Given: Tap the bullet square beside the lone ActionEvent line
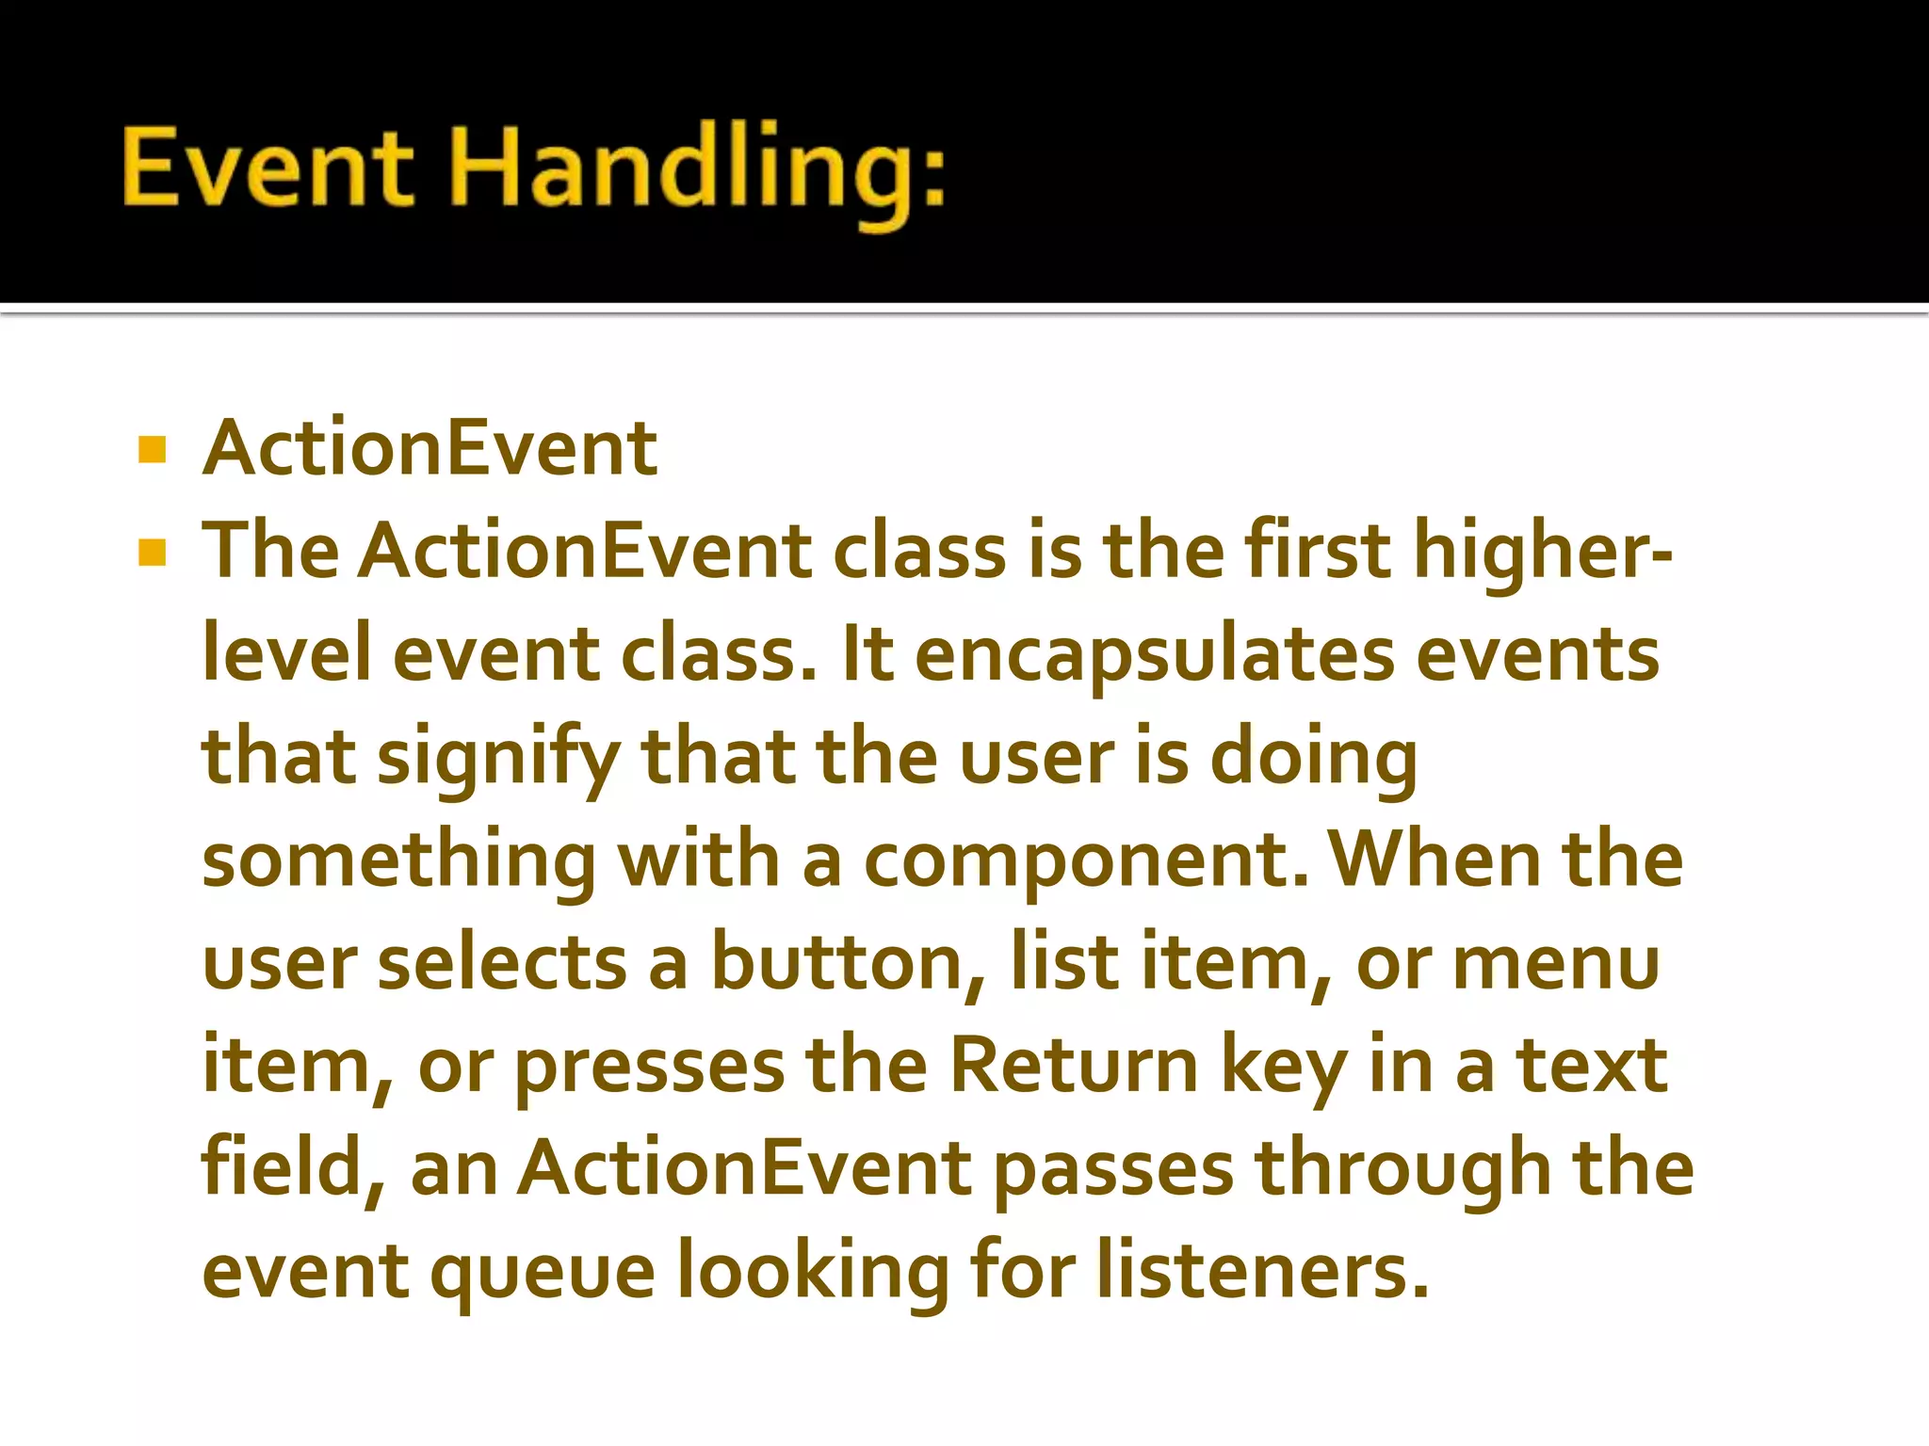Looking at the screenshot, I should point(152,449).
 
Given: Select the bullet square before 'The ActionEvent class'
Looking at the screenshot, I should point(152,552).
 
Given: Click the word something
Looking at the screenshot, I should point(398,862).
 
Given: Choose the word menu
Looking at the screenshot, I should point(1556,964).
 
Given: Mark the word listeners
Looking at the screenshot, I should point(1262,1271).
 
